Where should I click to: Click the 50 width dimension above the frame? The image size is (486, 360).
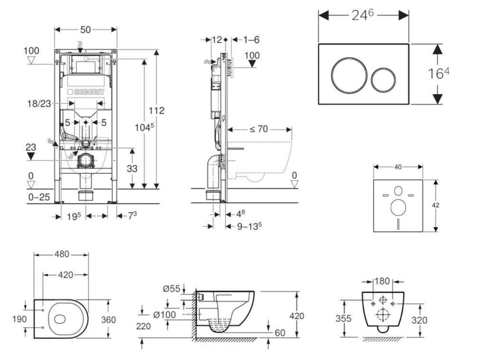(x=85, y=30)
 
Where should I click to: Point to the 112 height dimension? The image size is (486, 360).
(x=156, y=111)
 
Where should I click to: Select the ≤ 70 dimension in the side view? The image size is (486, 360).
(x=260, y=129)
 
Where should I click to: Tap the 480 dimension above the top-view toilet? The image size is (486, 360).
(x=61, y=255)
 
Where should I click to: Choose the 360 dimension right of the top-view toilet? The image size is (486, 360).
(x=108, y=320)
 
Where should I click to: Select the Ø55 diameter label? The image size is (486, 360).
(x=171, y=288)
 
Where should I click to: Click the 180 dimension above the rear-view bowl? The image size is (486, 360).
(x=383, y=281)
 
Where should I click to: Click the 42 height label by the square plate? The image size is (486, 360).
(x=436, y=205)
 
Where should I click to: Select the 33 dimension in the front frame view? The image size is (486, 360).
(x=132, y=168)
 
